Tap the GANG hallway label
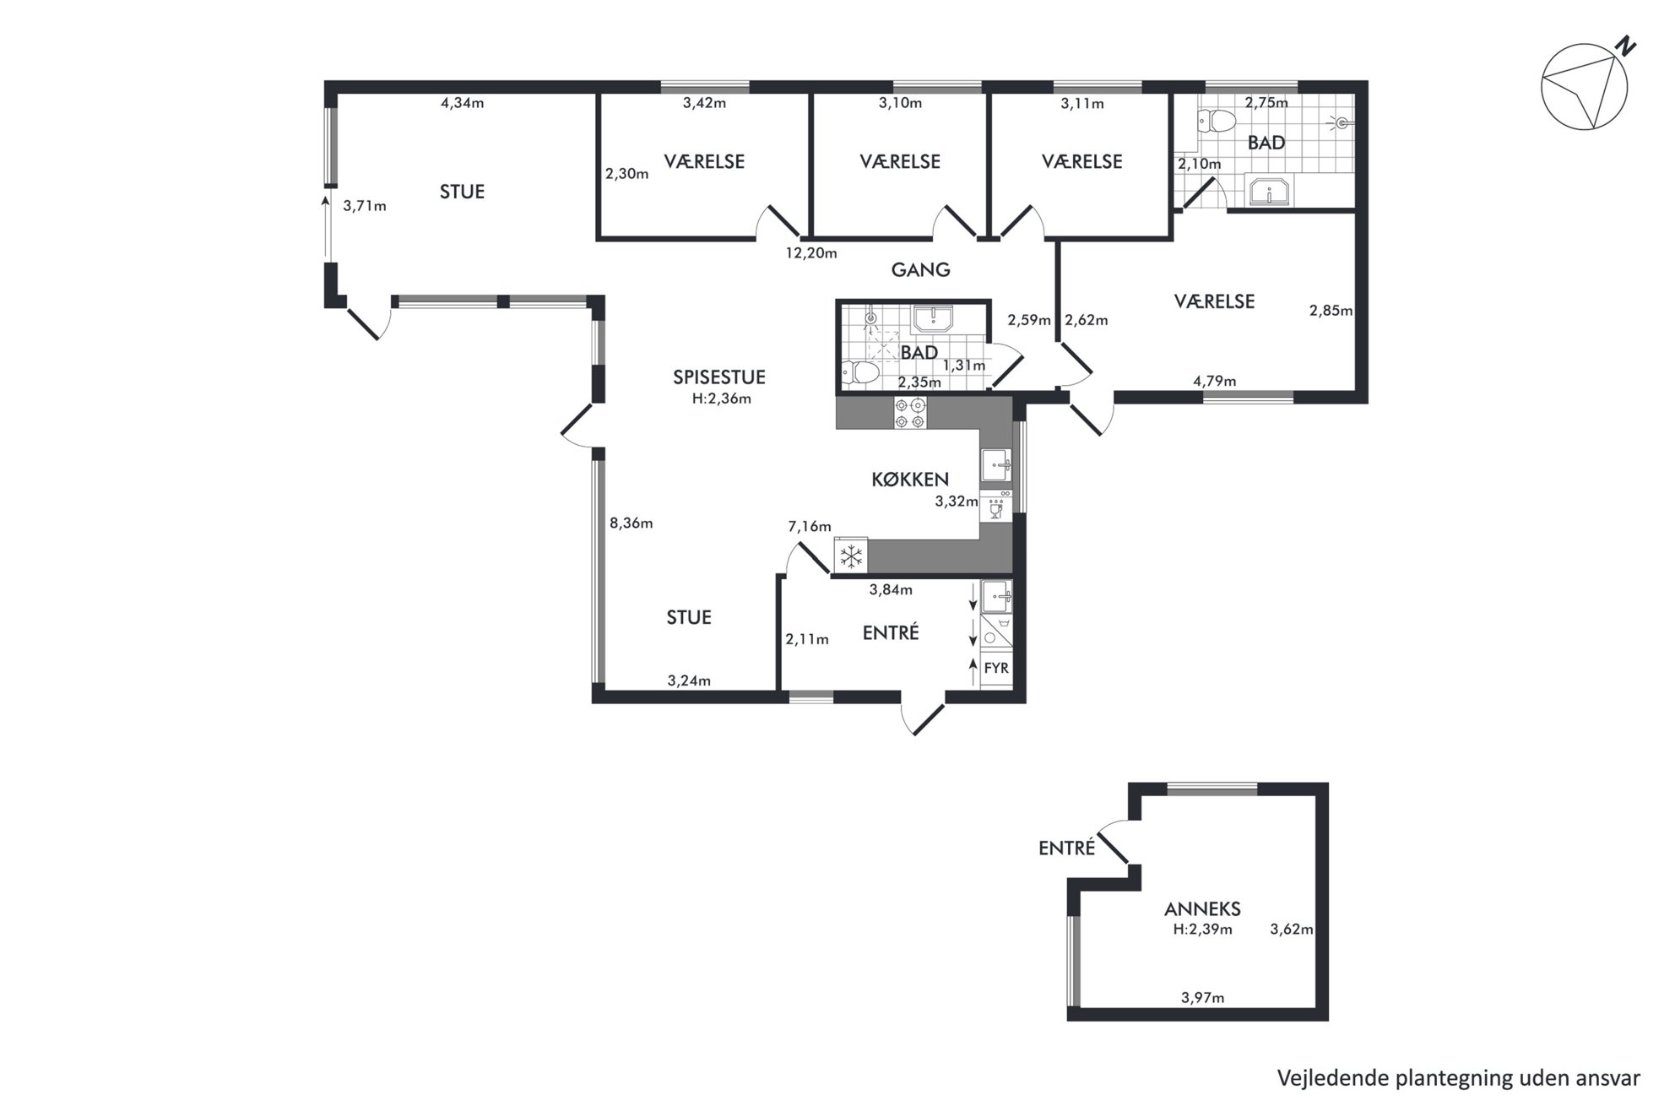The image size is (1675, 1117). click(920, 270)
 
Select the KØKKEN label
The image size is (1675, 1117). click(910, 480)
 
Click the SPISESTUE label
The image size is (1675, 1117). click(718, 377)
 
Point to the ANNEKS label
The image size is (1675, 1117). click(1202, 909)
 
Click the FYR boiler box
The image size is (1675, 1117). click(996, 669)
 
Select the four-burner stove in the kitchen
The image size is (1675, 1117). click(910, 413)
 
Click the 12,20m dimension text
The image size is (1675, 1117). click(810, 253)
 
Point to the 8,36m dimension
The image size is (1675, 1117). click(632, 523)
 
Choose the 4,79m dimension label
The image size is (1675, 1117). click(1214, 381)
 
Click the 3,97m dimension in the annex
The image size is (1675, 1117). click(1202, 998)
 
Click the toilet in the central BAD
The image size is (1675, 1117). click(860, 371)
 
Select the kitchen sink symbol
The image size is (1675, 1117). click(996, 464)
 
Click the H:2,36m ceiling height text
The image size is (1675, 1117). click(721, 399)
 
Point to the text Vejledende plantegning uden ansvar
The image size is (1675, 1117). click(1458, 1078)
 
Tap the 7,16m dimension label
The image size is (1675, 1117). click(810, 527)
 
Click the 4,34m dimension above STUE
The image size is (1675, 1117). click(462, 103)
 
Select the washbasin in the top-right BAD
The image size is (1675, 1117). click(1267, 191)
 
